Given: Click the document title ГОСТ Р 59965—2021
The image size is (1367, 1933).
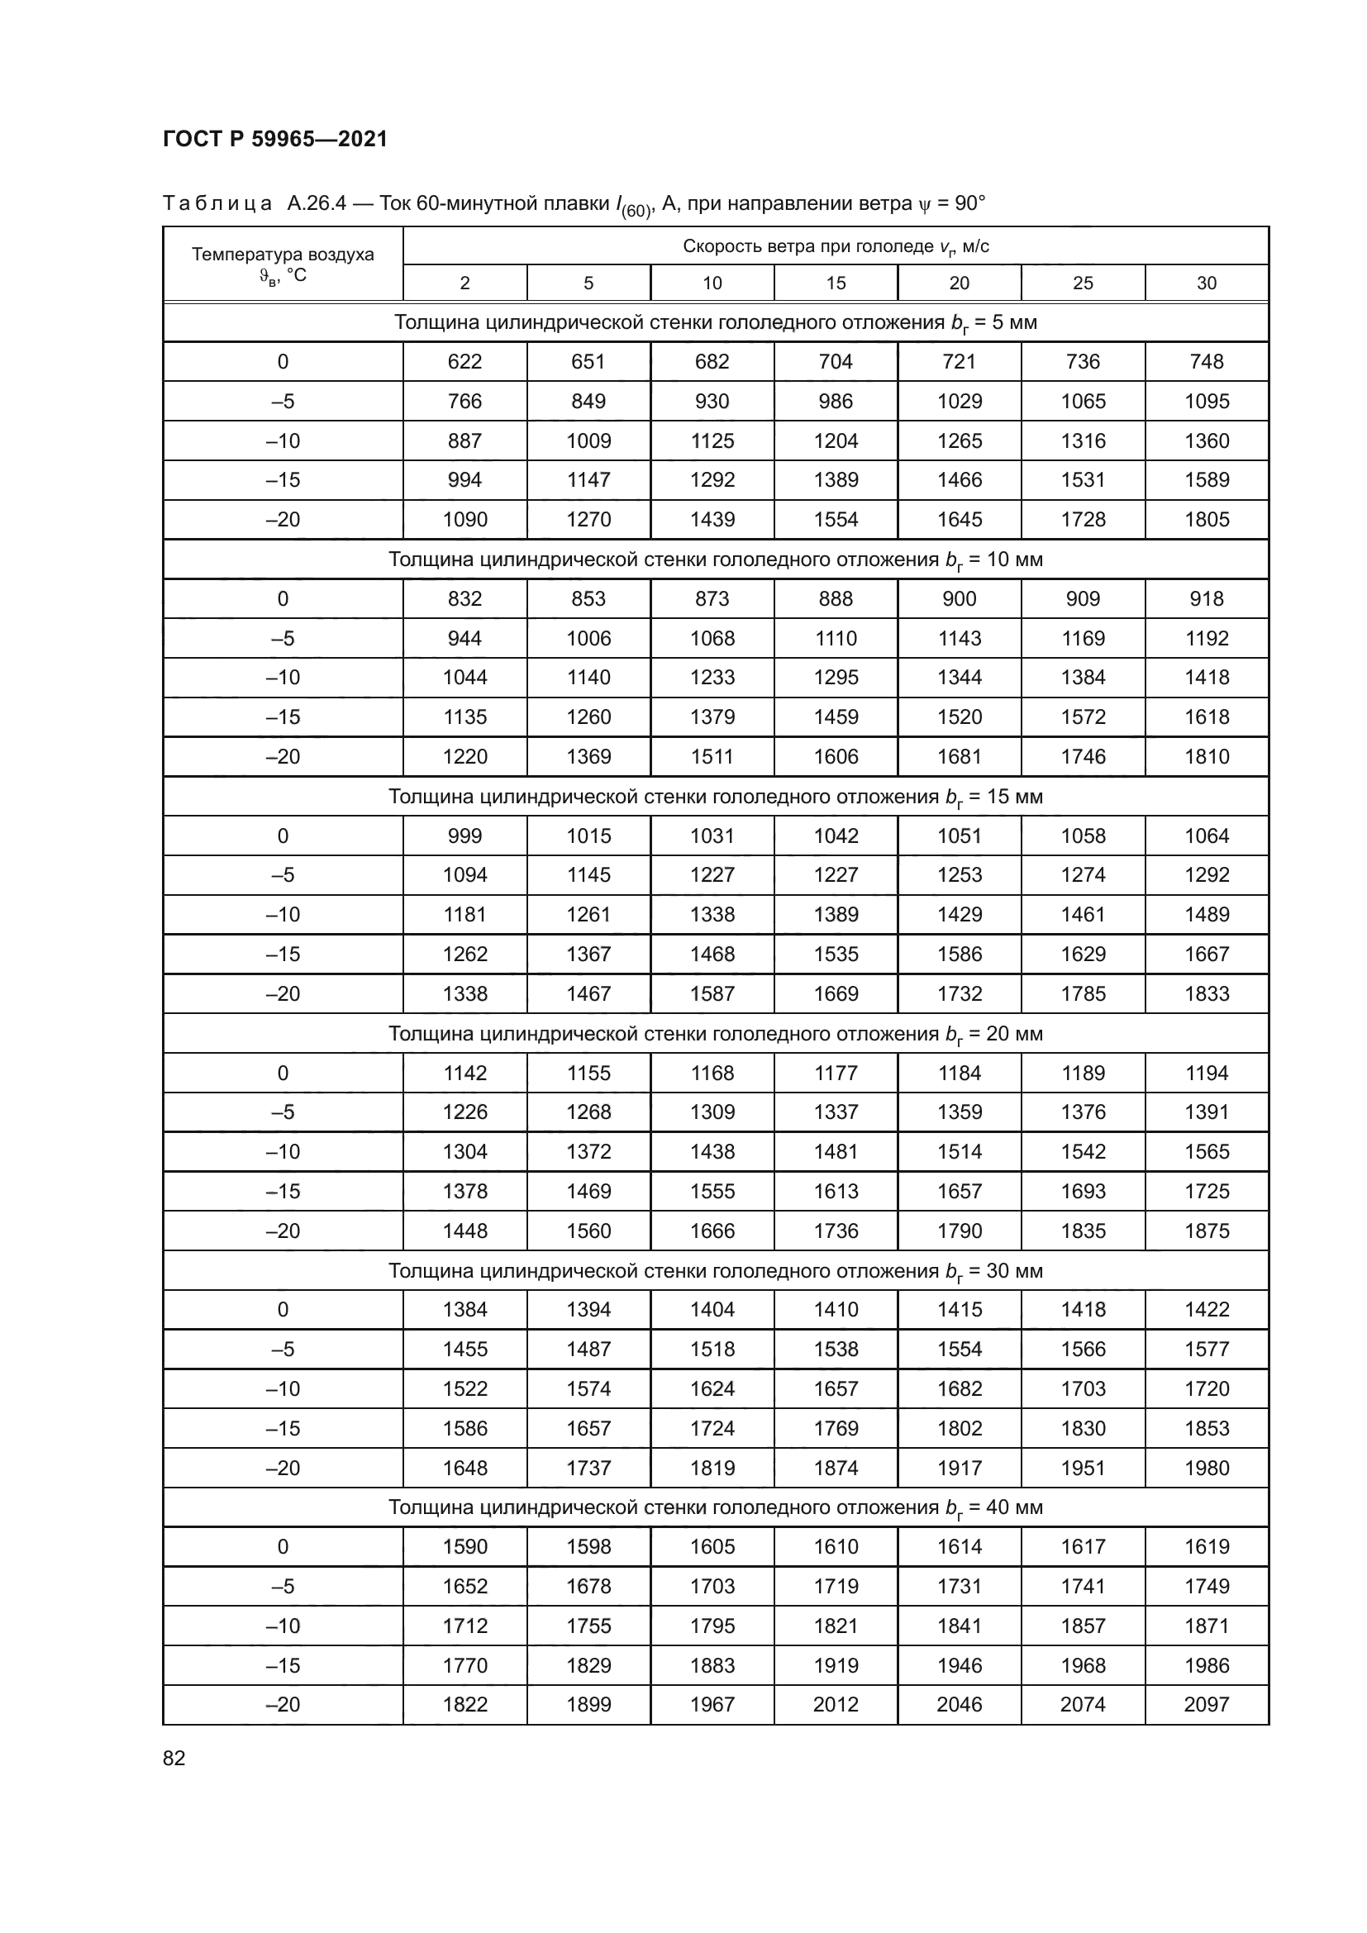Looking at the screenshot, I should [x=274, y=139].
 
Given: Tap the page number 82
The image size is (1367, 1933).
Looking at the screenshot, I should [x=174, y=1758].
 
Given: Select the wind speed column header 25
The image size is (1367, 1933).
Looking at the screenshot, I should [x=1083, y=283].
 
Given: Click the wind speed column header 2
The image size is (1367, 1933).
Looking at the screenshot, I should [x=464, y=283].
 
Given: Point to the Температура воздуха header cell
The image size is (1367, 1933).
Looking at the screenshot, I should [x=283, y=264].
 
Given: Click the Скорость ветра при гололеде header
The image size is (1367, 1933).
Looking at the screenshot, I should [x=835, y=246].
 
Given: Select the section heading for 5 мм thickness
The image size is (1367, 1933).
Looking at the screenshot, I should [x=716, y=322].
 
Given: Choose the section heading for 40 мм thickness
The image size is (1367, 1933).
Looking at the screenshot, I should [x=716, y=1507].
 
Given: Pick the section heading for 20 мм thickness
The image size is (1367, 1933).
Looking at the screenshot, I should [x=716, y=1034].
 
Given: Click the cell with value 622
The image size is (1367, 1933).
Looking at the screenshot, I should [x=464, y=362].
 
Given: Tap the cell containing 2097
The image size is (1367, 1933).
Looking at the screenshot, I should [x=1206, y=1704].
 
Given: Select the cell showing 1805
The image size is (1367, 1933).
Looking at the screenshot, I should [x=1206, y=520].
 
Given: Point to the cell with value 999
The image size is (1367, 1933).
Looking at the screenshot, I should [x=464, y=836].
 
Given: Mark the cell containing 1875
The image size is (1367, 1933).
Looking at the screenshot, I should [x=1206, y=1231].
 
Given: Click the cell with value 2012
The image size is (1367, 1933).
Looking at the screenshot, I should [x=835, y=1704].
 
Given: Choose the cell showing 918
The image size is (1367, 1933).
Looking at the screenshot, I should [x=1206, y=598].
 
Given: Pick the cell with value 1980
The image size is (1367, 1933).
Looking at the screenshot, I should [x=1206, y=1469].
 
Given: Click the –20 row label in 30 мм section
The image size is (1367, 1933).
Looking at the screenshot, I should [x=283, y=1469].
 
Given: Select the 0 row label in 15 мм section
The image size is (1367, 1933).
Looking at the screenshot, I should [x=283, y=836].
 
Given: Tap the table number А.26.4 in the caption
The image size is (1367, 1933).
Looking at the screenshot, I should [x=317, y=204].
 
